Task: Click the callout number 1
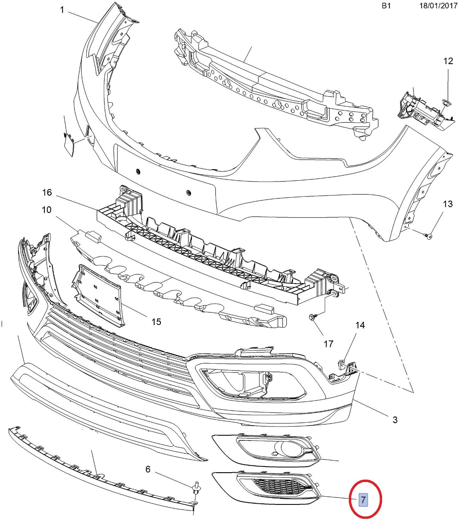click(x=62, y=10)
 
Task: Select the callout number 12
click(x=448, y=61)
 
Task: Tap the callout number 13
click(x=448, y=204)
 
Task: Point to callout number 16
click(x=47, y=193)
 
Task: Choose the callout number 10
click(x=47, y=210)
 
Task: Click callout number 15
click(x=156, y=322)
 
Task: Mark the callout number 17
click(x=328, y=344)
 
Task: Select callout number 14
click(x=360, y=325)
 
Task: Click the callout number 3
click(x=395, y=420)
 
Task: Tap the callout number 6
click(x=148, y=469)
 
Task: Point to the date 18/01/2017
click(x=438, y=6)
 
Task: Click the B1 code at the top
click(x=386, y=6)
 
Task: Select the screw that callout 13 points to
click(x=428, y=236)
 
